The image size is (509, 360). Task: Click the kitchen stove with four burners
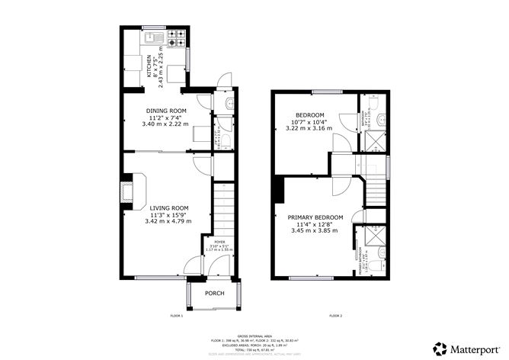point(178,34)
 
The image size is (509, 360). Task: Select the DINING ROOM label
point(166,111)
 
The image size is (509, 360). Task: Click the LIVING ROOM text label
point(168,208)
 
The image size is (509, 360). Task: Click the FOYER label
point(219,242)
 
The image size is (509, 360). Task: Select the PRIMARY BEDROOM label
point(315,217)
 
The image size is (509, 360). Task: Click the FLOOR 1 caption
point(178,315)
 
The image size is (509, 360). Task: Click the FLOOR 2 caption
point(335,315)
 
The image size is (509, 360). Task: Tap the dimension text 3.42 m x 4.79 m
point(168,221)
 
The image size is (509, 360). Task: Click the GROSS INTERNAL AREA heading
point(254,335)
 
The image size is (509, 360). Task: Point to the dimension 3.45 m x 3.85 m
point(315,230)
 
